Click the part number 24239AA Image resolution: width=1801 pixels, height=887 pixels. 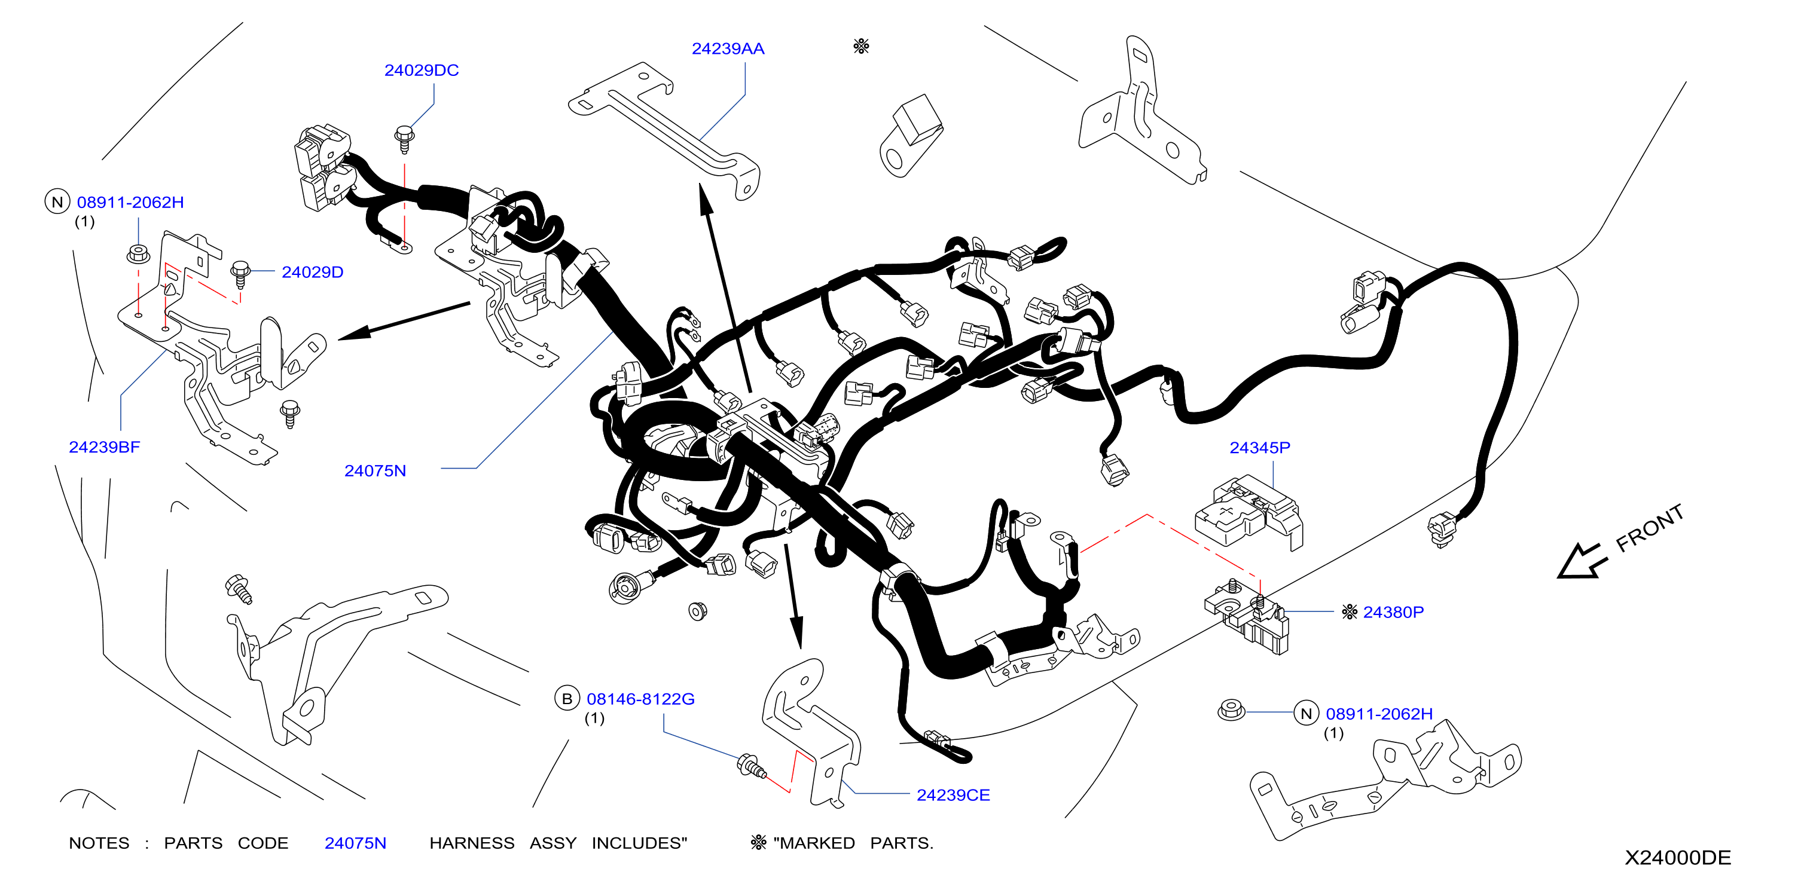coord(728,48)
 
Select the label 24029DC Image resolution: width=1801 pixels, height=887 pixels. coord(422,70)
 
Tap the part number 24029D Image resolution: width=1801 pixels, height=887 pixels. coord(313,272)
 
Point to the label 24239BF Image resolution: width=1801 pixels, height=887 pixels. coord(104,446)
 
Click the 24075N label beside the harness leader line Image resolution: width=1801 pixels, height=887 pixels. coord(375,470)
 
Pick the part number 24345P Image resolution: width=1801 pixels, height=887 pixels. coord(1260,447)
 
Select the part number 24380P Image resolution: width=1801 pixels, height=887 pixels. coord(1393,611)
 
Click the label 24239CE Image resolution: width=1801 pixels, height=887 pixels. coord(953,795)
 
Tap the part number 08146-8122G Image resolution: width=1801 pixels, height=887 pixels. coord(640,698)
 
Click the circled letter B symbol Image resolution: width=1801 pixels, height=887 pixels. coord(567,698)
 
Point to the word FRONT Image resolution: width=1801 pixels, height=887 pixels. coord(1649,528)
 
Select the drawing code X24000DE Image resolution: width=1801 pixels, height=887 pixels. coord(1677,857)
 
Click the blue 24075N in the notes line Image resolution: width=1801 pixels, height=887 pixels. coord(355,843)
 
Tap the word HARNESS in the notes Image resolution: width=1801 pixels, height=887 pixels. coord(472,843)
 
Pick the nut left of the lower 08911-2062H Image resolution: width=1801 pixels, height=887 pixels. coord(1231,710)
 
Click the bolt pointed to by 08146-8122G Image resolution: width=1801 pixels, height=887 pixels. coord(752,766)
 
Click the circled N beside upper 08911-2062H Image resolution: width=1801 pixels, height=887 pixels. coord(57,201)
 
